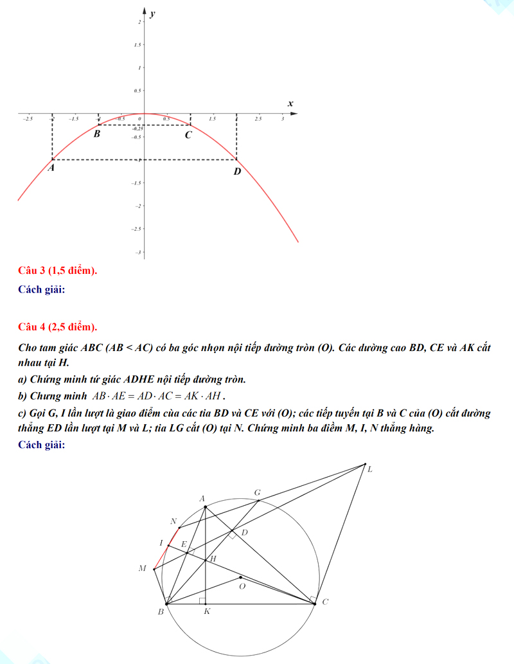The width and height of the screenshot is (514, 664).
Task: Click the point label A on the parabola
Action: (x=51, y=167)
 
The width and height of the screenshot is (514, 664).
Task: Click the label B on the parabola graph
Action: (x=97, y=134)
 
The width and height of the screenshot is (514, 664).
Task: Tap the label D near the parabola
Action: (x=237, y=171)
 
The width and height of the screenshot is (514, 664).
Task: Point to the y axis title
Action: (x=153, y=13)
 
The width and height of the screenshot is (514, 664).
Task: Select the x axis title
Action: (x=290, y=103)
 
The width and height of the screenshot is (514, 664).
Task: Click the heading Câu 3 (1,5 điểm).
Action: (x=58, y=271)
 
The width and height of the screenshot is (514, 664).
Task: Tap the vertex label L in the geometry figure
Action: (x=369, y=470)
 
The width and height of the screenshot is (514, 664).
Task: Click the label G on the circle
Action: (x=258, y=493)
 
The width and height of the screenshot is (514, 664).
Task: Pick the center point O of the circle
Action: (x=240, y=577)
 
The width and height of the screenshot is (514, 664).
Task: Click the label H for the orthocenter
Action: (x=213, y=559)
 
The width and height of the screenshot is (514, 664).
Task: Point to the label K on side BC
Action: (x=207, y=612)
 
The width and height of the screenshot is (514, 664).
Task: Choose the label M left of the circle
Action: (x=143, y=568)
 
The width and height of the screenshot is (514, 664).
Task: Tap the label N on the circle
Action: (x=173, y=521)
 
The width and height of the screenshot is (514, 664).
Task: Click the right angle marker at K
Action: (x=202, y=601)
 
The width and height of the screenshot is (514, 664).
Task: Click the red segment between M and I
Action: (x=161, y=558)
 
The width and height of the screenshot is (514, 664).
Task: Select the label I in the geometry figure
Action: (x=161, y=543)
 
